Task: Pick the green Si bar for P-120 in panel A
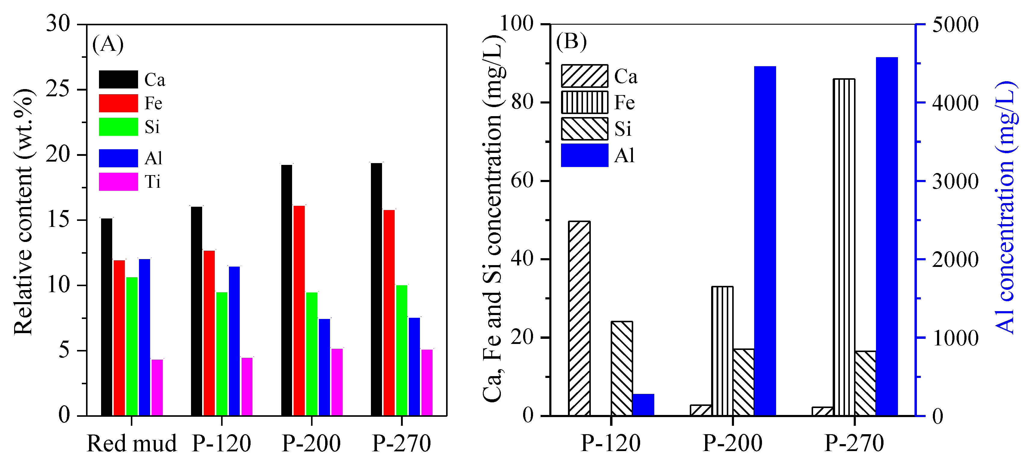222,354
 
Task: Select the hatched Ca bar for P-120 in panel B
579,318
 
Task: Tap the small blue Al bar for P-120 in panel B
643,405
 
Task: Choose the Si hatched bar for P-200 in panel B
743,382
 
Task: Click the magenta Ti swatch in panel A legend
118,182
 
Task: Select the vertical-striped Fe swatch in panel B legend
584,102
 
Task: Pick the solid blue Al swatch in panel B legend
584,155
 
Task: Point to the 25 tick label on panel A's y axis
58,89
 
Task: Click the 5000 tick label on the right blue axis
955,25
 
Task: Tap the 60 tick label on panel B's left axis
523,181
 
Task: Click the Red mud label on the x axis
131,444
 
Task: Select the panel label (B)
571,41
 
